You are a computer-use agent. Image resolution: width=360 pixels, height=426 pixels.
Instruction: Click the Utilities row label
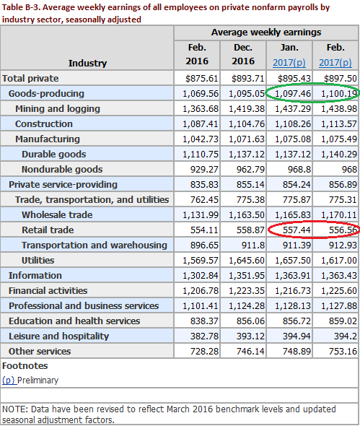38,260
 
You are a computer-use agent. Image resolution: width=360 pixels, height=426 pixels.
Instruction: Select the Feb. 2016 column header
197,54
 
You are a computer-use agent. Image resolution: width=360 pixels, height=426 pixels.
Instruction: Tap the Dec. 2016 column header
243,54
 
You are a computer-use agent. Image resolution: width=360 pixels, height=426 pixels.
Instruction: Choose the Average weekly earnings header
266,32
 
